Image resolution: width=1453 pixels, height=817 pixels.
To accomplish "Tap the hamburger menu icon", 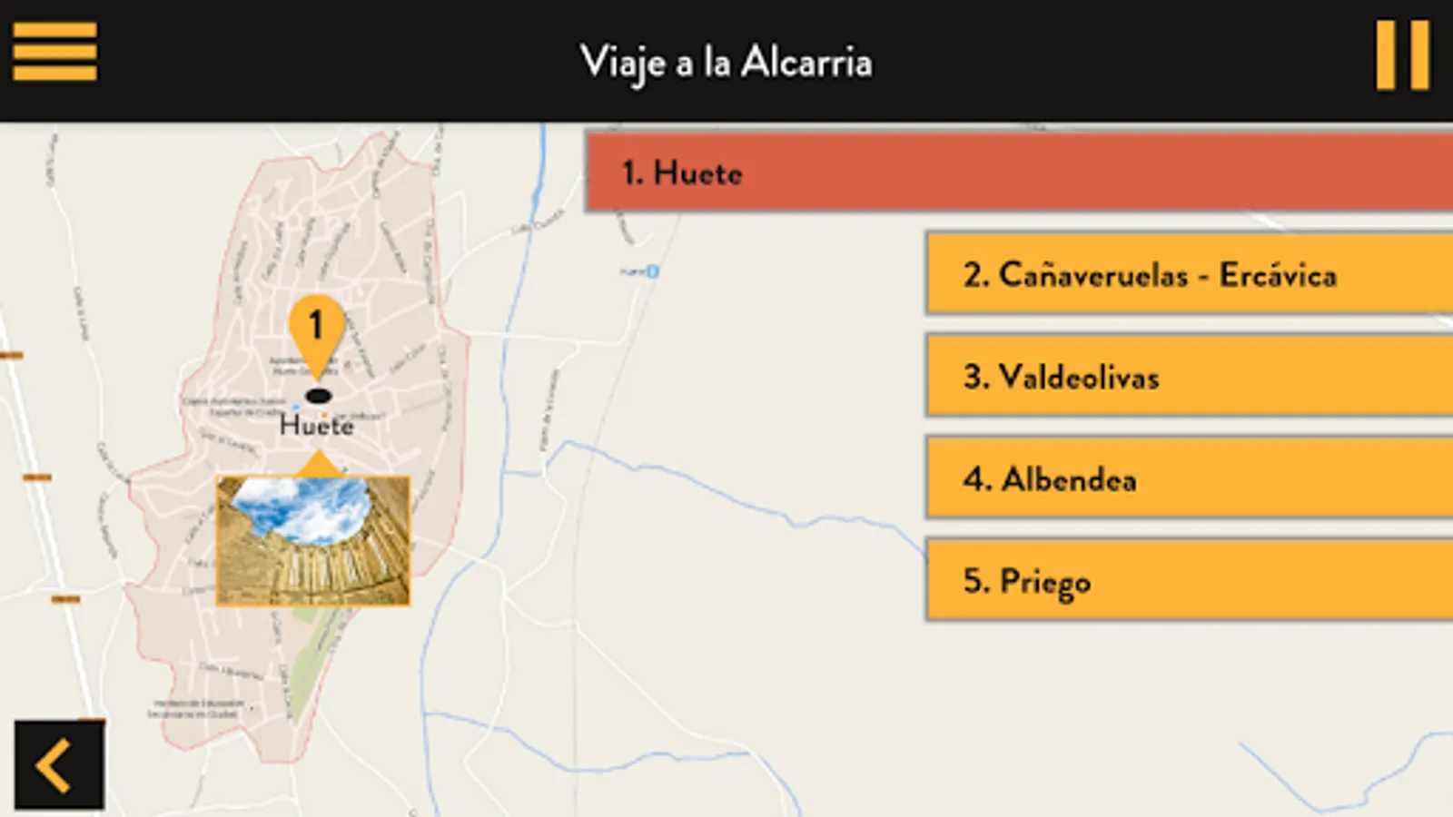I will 54,53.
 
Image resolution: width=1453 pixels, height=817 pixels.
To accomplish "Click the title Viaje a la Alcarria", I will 726,63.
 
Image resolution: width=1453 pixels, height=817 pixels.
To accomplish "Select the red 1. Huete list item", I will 1017,172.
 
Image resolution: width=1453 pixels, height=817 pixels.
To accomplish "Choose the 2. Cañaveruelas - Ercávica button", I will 1188,274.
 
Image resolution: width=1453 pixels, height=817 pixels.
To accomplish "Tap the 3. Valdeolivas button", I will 1188,376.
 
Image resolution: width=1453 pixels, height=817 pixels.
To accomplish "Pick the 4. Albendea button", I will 1188,478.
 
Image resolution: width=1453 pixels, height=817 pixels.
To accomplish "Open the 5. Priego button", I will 1188,580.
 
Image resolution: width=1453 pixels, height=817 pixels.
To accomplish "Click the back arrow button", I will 58,764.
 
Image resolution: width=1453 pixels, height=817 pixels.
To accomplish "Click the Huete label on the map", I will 316,425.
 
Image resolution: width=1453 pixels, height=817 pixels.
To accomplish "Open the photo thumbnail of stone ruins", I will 313,541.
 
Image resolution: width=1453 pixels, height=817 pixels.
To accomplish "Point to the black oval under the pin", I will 318,396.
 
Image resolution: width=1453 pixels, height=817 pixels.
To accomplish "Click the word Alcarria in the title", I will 806,63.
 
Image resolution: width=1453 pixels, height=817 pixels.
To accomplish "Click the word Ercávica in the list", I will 1278,274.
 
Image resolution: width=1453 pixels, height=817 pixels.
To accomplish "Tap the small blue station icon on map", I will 652,271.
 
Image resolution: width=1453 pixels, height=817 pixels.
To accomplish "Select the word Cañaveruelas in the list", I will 1093,274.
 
